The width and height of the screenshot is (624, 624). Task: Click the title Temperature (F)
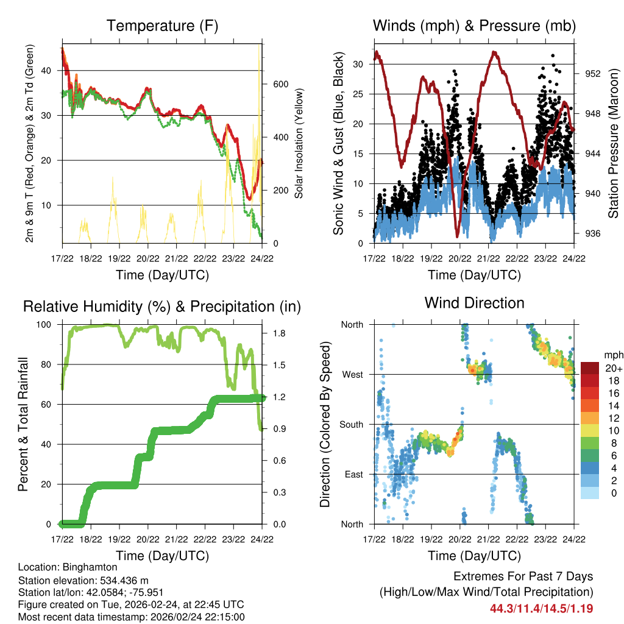click(x=162, y=26)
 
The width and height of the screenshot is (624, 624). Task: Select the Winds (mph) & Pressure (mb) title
click(x=474, y=26)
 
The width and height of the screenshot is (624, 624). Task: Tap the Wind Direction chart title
click(x=474, y=302)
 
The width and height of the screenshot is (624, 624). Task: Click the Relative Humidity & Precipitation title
click(x=162, y=306)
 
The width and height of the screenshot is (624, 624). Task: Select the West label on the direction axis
click(x=352, y=374)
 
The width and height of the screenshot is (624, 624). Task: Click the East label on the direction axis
click(x=353, y=474)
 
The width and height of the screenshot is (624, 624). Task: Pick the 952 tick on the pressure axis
click(x=594, y=73)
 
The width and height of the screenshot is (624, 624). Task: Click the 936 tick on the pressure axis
click(x=594, y=233)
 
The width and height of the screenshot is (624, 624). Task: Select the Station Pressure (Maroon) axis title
click(x=614, y=143)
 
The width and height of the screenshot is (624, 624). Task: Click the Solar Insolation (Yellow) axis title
click(x=299, y=143)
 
